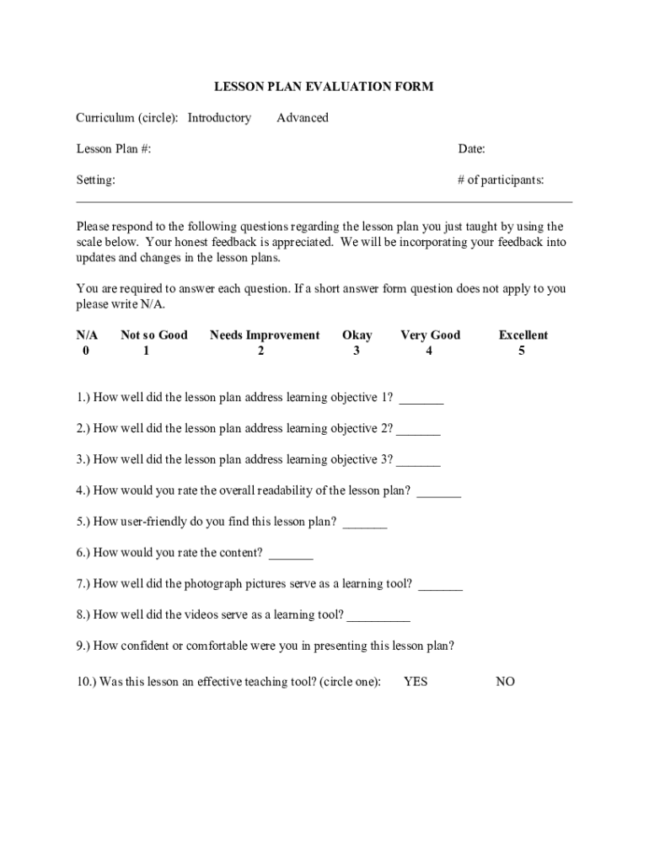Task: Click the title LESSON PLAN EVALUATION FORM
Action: (x=324, y=86)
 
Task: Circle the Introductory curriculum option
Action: (x=219, y=118)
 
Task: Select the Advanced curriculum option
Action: (x=303, y=118)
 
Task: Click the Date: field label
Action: (x=471, y=149)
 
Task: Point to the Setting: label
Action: (x=96, y=180)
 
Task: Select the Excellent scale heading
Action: (x=523, y=335)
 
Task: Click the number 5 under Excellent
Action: (x=522, y=351)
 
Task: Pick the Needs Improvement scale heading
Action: (x=265, y=335)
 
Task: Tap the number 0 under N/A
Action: (x=86, y=351)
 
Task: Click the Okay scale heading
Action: (x=357, y=335)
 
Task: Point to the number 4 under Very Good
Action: (x=429, y=351)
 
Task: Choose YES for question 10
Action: (x=416, y=681)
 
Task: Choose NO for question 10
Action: (x=505, y=681)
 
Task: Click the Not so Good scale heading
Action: (x=154, y=335)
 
